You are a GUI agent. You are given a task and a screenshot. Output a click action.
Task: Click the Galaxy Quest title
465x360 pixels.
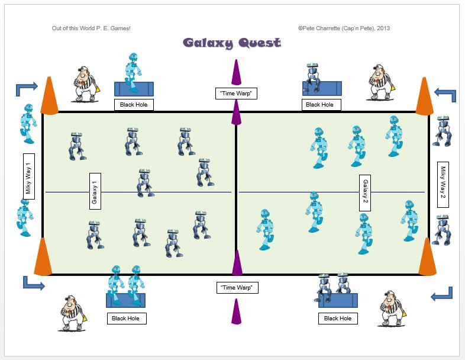click(231, 43)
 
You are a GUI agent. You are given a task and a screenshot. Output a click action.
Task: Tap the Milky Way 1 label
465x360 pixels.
click(28, 176)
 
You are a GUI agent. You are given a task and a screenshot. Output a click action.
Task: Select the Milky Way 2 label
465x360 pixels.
click(443, 184)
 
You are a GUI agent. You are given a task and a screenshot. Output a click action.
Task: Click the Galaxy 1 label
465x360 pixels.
click(94, 191)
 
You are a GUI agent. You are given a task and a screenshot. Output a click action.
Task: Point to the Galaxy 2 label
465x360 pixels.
click(365, 192)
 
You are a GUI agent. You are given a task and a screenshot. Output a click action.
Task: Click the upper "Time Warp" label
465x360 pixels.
click(236, 93)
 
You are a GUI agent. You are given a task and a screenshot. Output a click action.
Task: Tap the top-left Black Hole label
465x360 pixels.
click(134, 105)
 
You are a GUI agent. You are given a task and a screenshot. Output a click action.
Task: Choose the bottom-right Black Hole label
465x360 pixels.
click(338, 319)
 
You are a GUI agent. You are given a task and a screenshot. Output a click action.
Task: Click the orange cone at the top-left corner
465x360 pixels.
click(49, 97)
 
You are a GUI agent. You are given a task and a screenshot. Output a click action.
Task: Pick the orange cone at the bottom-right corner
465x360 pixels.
click(427, 257)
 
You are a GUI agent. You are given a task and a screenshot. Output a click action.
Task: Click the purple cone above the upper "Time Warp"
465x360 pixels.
click(236, 73)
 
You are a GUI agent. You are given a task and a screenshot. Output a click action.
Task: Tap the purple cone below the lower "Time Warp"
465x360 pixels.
click(237, 312)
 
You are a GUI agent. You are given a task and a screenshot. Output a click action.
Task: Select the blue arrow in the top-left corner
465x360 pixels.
click(27, 88)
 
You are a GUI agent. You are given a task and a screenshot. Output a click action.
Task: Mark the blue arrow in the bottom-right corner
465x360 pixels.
click(442, 294)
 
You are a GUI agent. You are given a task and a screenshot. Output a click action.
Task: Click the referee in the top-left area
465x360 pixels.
click(88, 84)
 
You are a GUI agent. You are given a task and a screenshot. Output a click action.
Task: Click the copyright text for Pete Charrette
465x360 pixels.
click(344, 28)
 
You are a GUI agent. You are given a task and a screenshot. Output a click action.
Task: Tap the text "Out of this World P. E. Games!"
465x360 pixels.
click(91, 28)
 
